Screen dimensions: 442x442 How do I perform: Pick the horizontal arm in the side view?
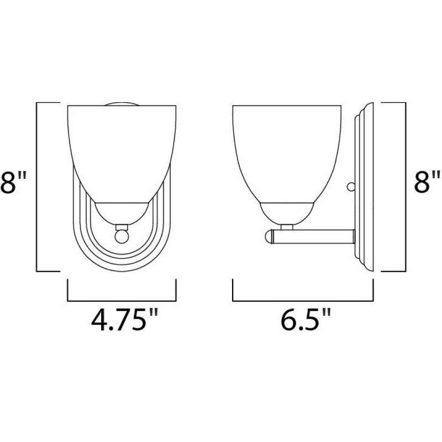[315, 236]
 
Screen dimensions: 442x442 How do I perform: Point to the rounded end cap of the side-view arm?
[269, 236]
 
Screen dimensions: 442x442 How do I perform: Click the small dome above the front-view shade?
[121, 103]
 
